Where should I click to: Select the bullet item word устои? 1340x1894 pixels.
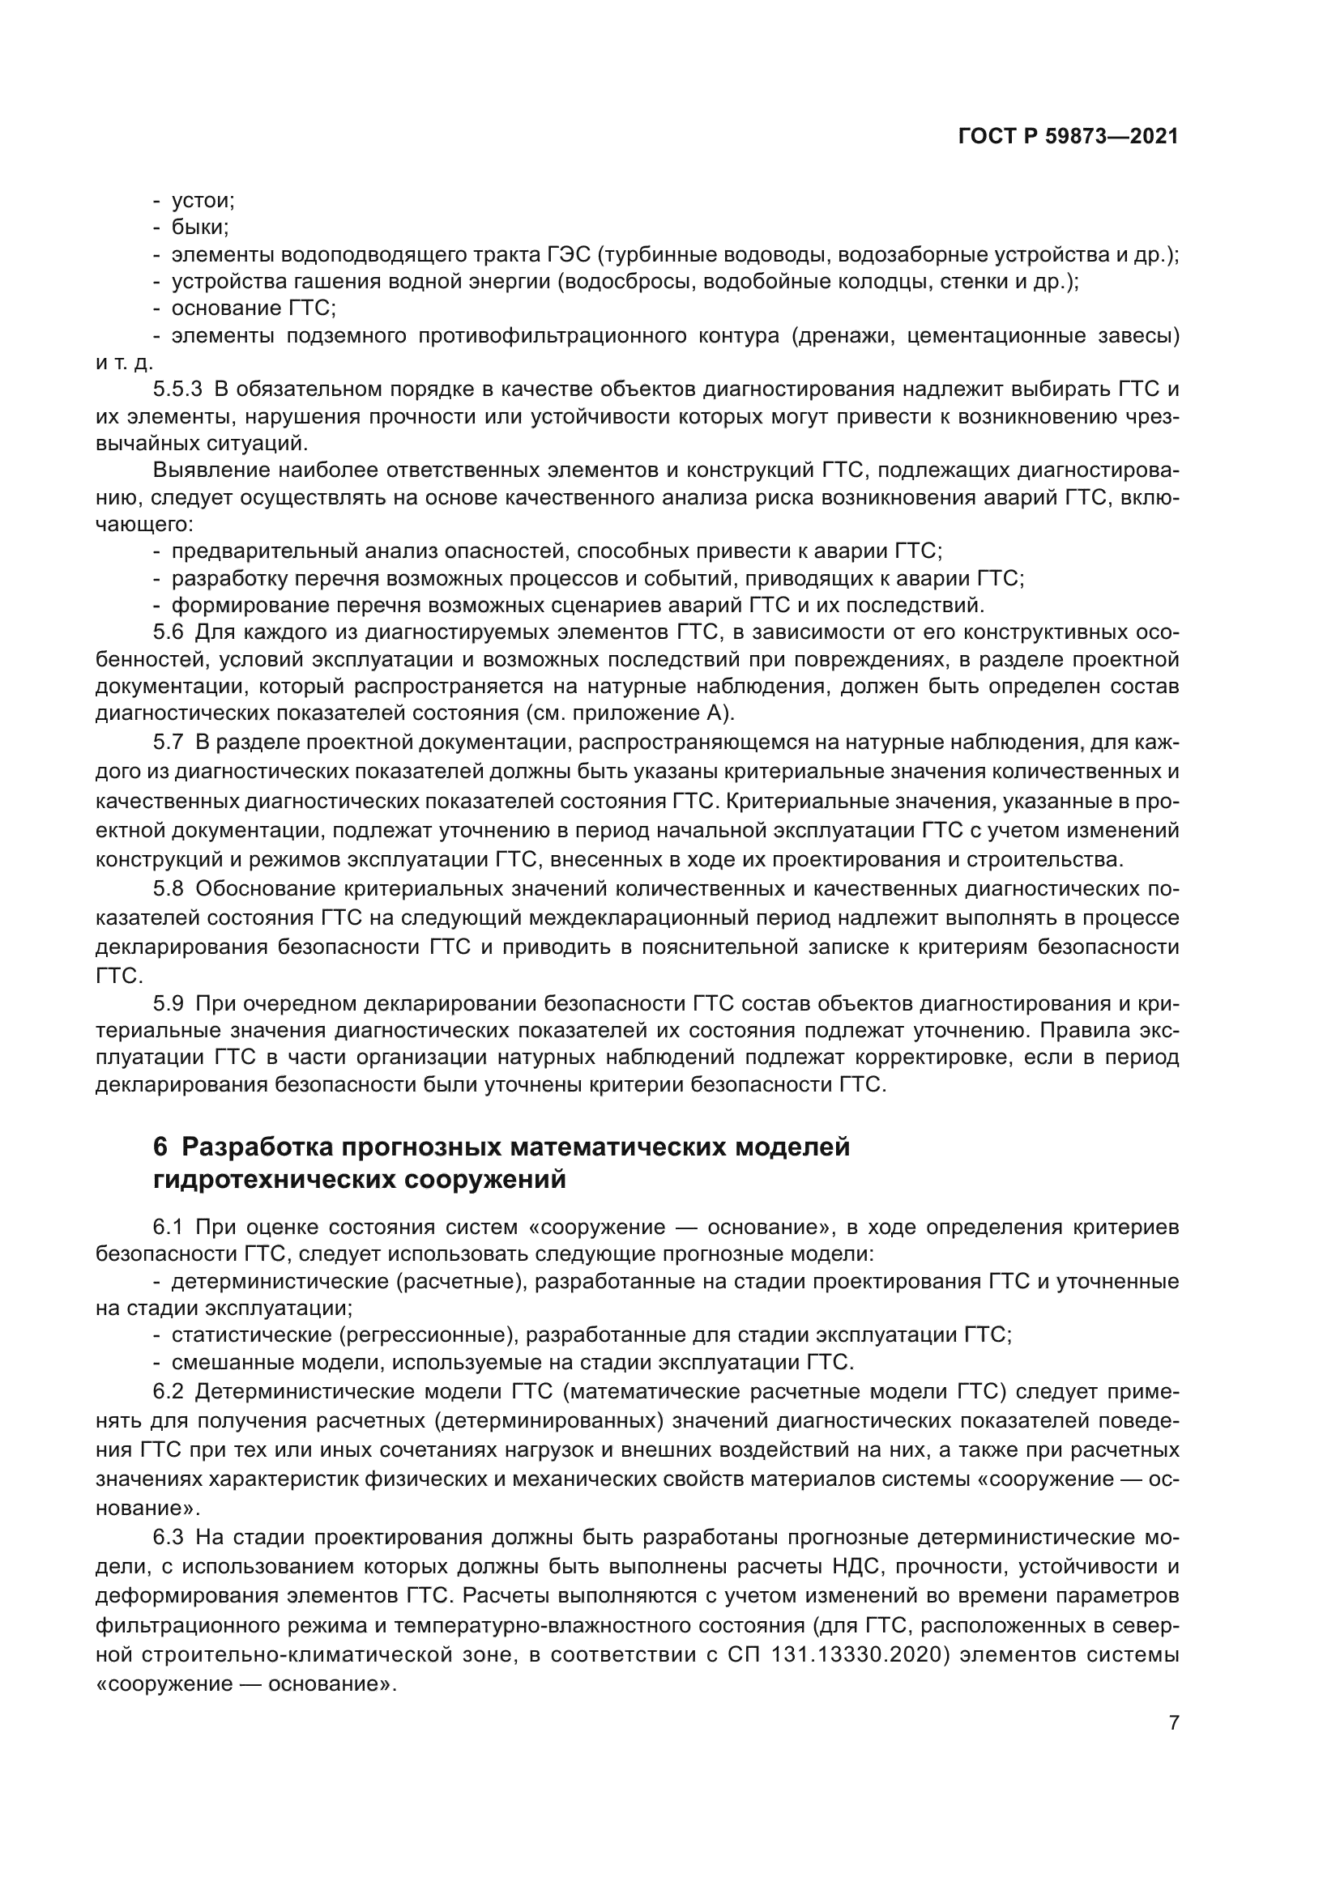click(203, 201)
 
